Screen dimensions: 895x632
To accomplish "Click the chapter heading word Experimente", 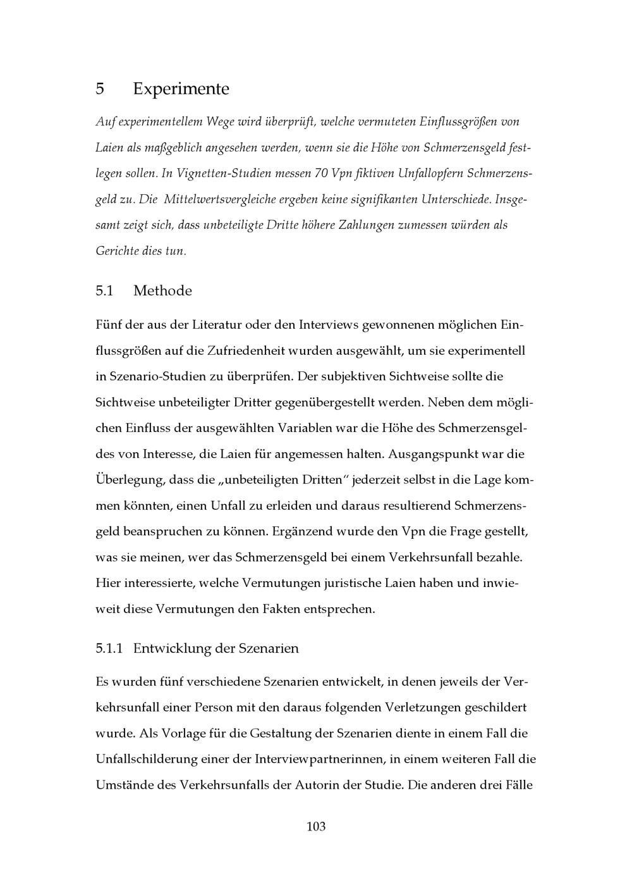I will pos(181,89).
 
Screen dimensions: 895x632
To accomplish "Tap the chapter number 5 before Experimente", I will pos(100,89).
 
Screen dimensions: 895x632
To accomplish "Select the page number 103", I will pos(315,826).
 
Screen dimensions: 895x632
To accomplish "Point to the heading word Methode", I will pos(162,291).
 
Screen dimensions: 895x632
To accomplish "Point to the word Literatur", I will pos(218,325).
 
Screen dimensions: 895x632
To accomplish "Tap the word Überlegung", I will pos(128,480).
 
